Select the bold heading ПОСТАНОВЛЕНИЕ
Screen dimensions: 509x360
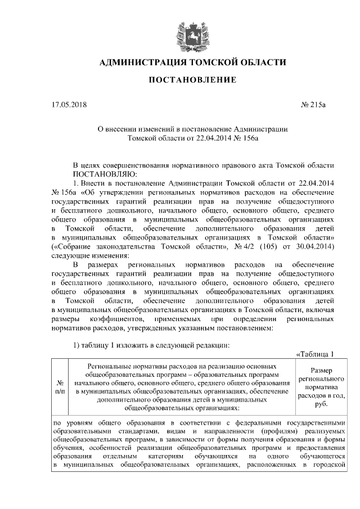point(192,81)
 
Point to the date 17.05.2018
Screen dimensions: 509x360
point(66,105)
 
